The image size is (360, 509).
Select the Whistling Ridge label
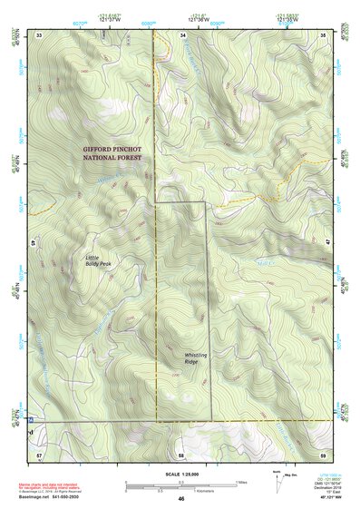coord(184,358)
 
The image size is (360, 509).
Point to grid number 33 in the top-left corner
coord(39,34)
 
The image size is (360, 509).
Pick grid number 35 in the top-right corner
coord(324,34)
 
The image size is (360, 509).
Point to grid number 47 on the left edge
coord(33,243)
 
